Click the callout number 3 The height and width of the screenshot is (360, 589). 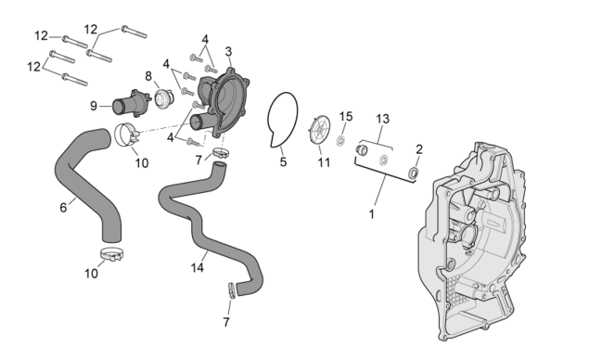tap(228, 51)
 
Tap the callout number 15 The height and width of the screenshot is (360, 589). tap(346, 117)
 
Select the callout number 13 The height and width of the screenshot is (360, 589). tap(383, 119)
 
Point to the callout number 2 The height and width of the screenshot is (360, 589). tap(419, 149)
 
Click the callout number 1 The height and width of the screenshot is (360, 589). tap(372, 214)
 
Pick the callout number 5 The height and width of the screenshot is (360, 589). tap(283, 162)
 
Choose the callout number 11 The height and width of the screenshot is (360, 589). tap(324, 162)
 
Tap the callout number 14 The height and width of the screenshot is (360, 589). tap(198, 267)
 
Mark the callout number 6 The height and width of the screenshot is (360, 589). tap(63, 207)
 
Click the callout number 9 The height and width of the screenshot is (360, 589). tap(94, 106)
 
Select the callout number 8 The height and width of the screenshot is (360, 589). tap(148, 76)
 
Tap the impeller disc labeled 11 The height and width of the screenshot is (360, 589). tap(320, 129)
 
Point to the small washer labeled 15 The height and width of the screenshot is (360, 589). tap(341, 141)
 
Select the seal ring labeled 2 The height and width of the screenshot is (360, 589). tap(414, 174)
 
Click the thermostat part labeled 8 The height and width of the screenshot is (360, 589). tap(164, 98)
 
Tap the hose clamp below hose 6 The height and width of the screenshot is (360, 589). tap(111, 254)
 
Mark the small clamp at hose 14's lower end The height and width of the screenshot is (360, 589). tap(232, 290)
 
